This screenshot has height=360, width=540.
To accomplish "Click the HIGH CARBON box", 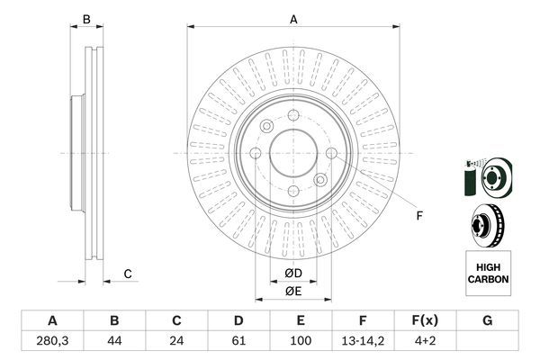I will click(487, 274).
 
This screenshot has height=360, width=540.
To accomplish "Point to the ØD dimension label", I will click(293, 272).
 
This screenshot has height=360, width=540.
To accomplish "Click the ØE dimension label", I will click(293, 291).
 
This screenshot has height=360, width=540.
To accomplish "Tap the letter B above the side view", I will click(87, 19).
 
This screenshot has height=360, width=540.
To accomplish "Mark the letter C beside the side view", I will click(128, 274).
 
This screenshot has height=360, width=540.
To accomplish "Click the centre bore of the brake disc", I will click(293, 152).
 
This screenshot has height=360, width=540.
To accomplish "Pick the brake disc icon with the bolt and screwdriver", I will click(486, 175).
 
